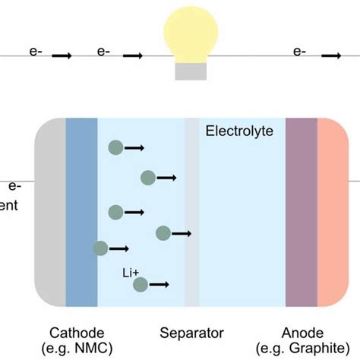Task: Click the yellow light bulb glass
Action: (x=191, y=38)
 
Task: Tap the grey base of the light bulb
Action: (x=191, y=71)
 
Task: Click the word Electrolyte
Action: (x=239, y=131)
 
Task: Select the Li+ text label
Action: (x=130, y=271)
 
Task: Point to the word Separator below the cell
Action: (x=191, y=333)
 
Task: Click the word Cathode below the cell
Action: (x=77, y=333)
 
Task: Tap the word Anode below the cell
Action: (x=303, y=333)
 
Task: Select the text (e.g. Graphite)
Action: (x=303, y=348)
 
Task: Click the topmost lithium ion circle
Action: (x=115, y=147)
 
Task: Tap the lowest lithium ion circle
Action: (x=141, y=285)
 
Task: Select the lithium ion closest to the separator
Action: (x=163, y=233)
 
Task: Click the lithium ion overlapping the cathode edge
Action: (x=100, y=248)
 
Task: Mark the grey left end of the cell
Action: (x=51, y=213)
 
